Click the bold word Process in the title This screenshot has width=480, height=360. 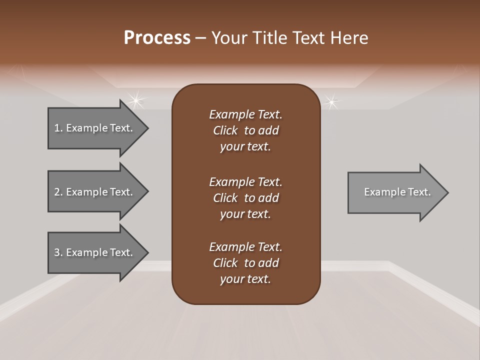tap(157, 38)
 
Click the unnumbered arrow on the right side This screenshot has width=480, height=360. tap(395, 192)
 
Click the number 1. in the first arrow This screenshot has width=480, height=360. tap(58, 128)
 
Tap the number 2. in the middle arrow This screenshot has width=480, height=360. tap(58, 192)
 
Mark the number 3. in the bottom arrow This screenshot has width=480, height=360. tap(58, 252)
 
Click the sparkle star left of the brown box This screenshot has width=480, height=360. tap(135, 100)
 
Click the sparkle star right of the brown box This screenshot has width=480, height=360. tap(330, 102)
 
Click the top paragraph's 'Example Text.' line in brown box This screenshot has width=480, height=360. tap(245, 114)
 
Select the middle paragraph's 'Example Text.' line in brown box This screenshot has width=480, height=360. tap(245, 181)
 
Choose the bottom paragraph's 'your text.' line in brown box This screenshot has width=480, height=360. tap(245, 279)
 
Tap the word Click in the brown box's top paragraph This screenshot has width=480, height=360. tap(225, 130)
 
